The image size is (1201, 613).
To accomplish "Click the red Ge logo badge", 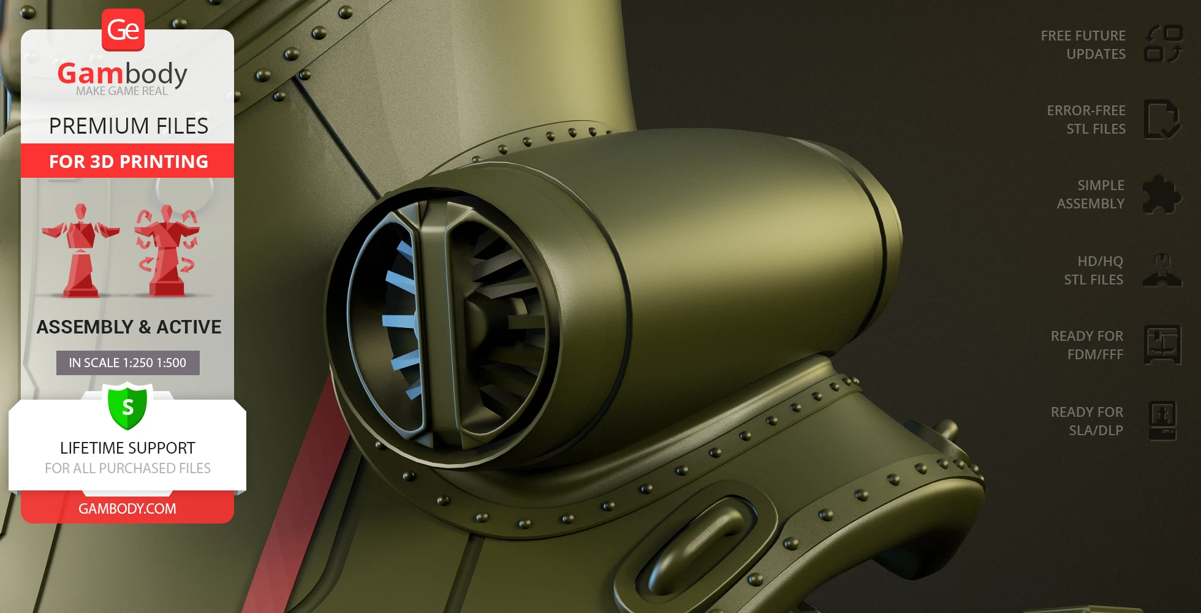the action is tap(123, 30).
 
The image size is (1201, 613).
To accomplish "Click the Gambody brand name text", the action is tap(123, 74).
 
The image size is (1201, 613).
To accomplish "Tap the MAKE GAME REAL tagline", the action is tap(122, 91).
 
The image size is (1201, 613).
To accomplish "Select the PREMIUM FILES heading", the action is tap(129, 126).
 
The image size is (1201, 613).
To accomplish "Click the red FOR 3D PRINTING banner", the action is tap(127, 161).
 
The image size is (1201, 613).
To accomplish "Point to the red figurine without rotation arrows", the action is tap(80, 251).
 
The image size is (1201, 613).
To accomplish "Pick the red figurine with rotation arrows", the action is tap(167, 251).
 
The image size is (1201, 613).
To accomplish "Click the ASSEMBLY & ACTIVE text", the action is tap(129, 327).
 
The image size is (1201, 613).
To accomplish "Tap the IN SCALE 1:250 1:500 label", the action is tap(128, 363).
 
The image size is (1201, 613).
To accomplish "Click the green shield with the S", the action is tap(127, 406).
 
